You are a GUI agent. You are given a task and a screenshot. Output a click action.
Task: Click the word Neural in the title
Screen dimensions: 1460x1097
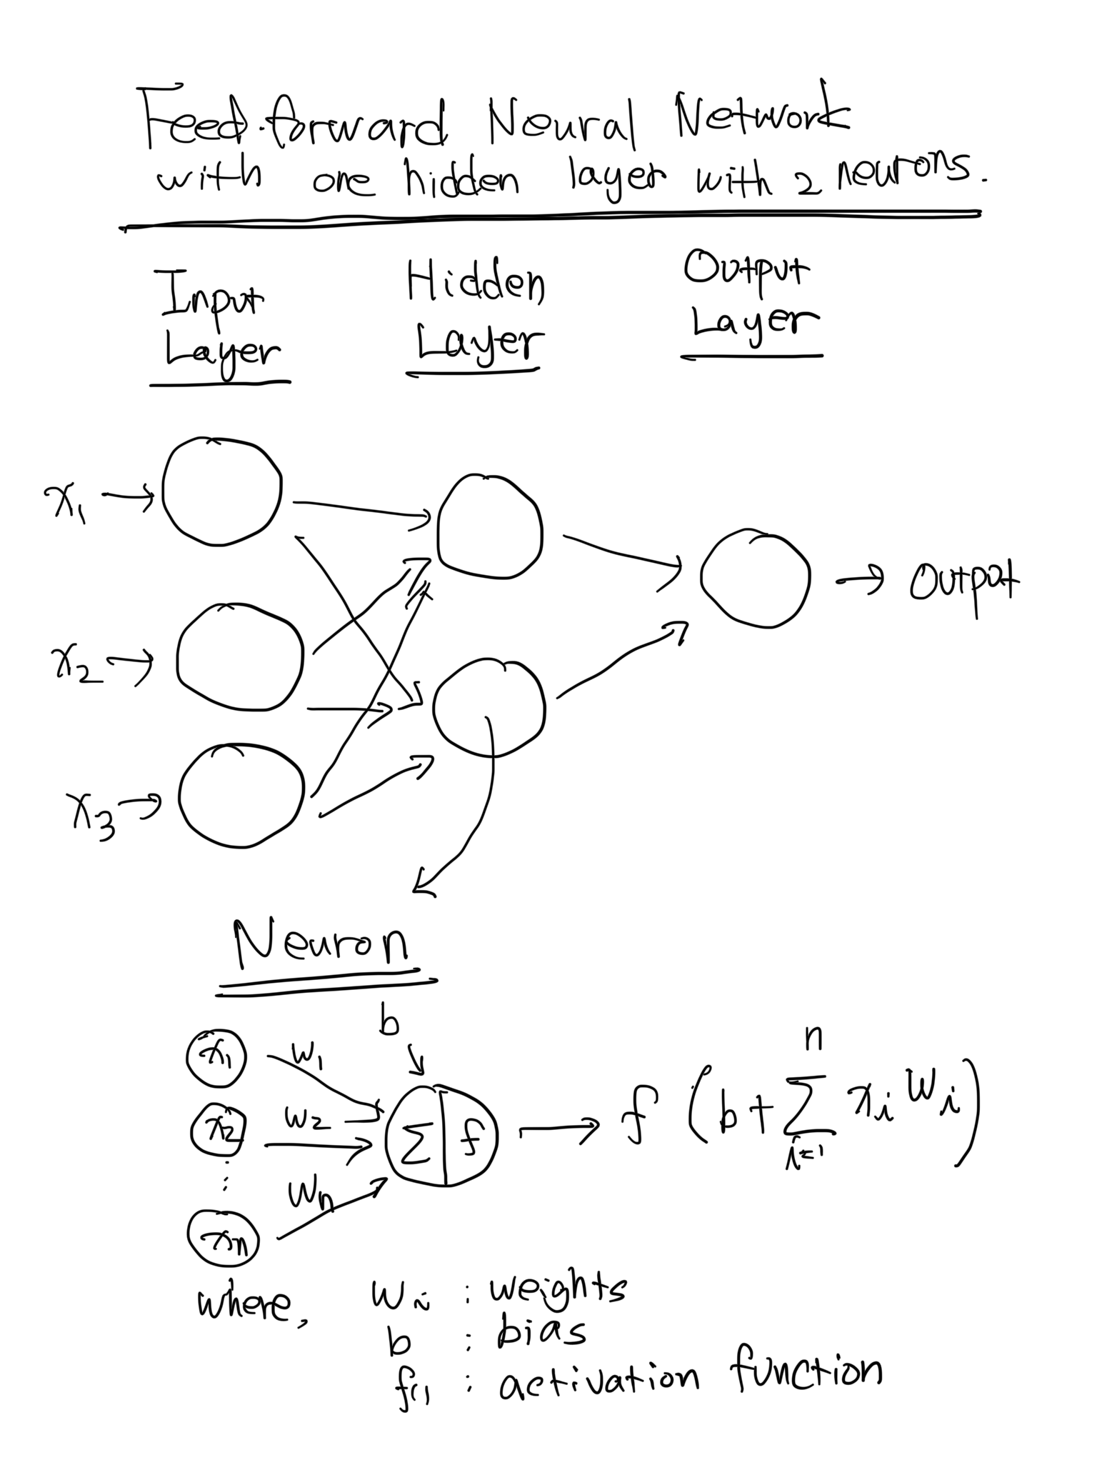561,129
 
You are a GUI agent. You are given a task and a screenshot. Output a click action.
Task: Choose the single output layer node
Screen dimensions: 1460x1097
756,578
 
